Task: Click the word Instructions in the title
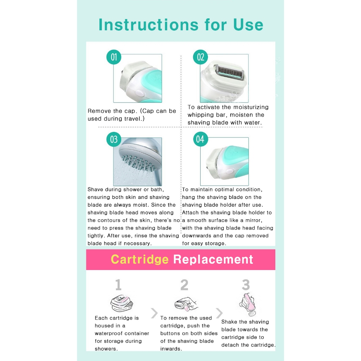[x=148, y=25]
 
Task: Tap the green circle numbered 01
[x=114, y=57]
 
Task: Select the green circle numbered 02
[x=200, y=57]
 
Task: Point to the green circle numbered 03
[x=114, y=139]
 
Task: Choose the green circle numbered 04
[x=200, y=139]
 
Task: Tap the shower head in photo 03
[x=140, y=157]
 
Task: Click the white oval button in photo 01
[x=140, y=93]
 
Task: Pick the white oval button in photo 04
[x=230, y=172]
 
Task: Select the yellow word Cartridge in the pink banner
[x=140, y=259]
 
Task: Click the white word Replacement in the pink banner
[x=213, y=259]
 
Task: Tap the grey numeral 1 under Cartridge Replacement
[x=118, y=285]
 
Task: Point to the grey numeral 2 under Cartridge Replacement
[x=184, y=285]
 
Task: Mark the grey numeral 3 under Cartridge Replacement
[x=246, y=285]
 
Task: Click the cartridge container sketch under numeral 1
[x=122, y=303]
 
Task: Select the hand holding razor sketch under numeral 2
[x=186, y=304]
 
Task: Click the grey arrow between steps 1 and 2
[x=154, y=313]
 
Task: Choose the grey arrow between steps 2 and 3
[x=219, y=313]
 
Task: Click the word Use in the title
[x=248, y=25]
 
